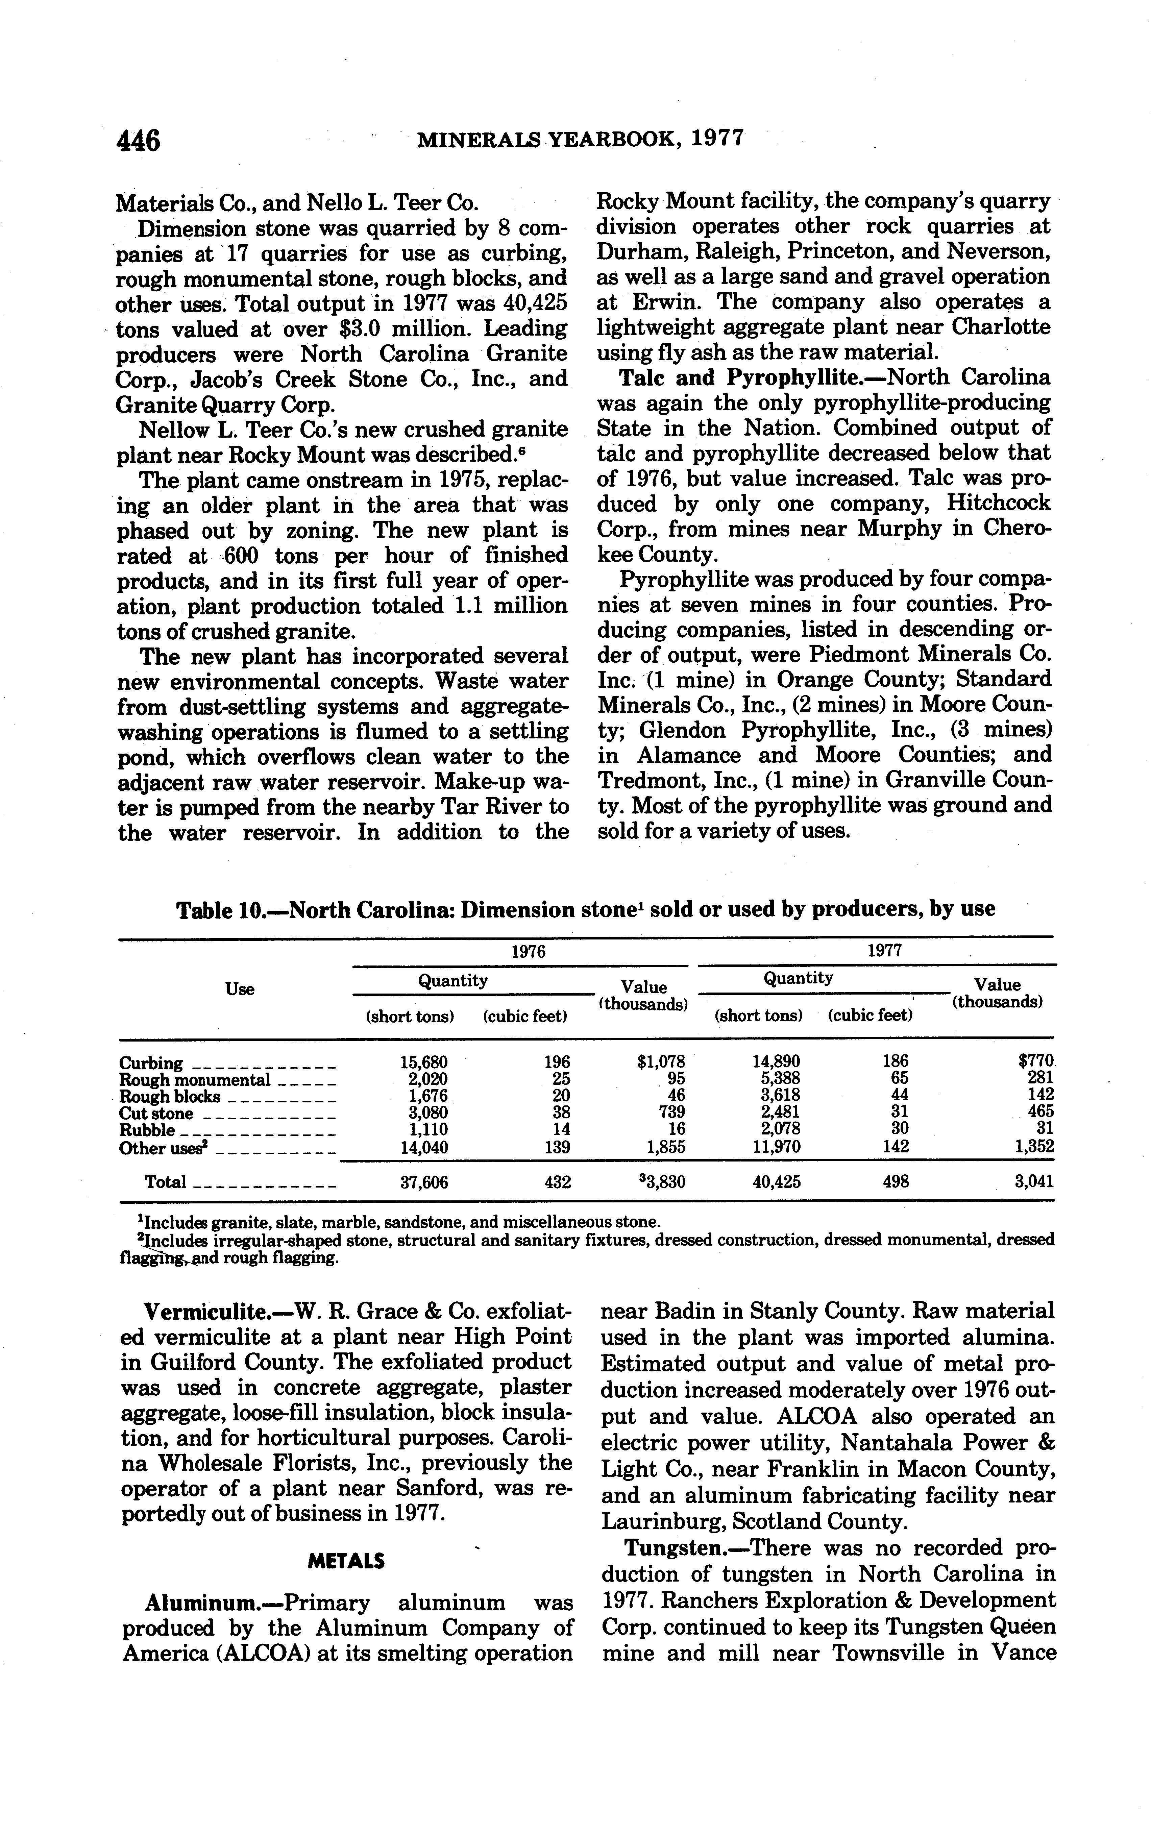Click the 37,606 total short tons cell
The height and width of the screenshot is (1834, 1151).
[424, 1182]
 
